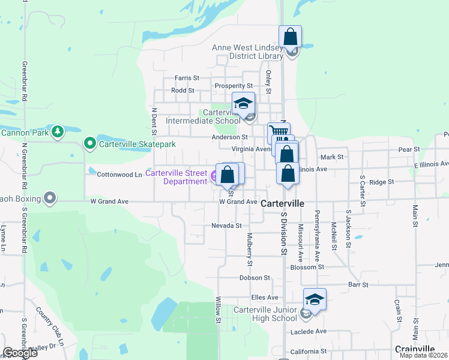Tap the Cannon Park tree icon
click(x=58, y=131)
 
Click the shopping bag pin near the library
click(x=290, y=37)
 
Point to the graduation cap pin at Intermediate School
click(x=243, y=104)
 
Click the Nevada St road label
click(x=226, y=226)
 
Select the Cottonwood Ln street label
click(x=119, y=175)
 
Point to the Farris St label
click(x=187, y=78)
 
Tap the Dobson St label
click(x=255, y=278)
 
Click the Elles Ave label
click(x=265, y=298)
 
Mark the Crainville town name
click(x=415, y=349)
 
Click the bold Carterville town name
click(x=283, y=204)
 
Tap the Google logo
click(x=20, y=353)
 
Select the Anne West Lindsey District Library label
click(x=247, y=52)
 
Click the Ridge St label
click(x=381, y=182)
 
